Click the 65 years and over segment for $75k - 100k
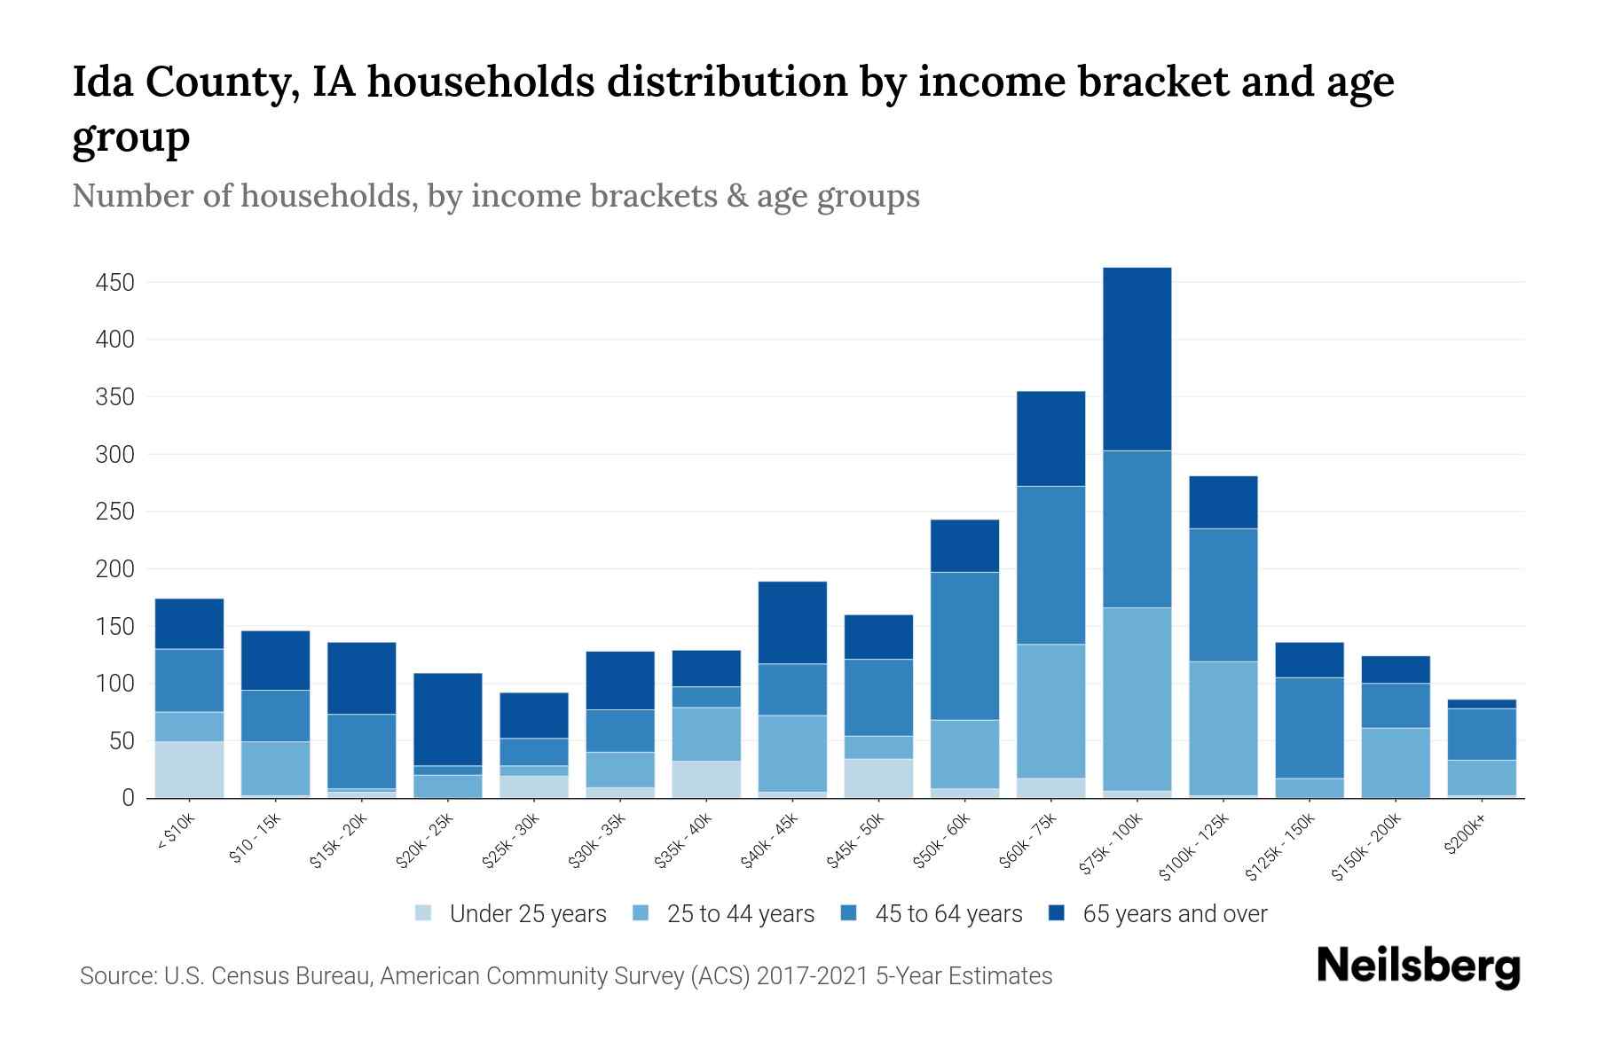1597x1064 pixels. click(x=1137, y=359)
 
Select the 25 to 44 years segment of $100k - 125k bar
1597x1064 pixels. click(x=1223, y=728)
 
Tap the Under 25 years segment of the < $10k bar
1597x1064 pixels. click(x=189, y=770)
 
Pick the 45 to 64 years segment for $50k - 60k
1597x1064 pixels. click(x=964, y=645)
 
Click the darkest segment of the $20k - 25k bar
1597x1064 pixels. click(x=448, y=719)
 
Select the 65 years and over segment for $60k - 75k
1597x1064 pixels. click(x=1050, y=439)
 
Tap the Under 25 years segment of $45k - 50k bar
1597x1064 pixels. click(x=878, y=778)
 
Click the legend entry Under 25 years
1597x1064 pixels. click(x=528, y=914)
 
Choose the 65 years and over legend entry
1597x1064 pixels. click(x=1175, y=914)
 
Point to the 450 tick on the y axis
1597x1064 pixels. click(x=115, y=283)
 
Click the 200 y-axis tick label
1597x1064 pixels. click(x=115, y=569)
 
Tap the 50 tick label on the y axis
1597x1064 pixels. click(x=122, y=741)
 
